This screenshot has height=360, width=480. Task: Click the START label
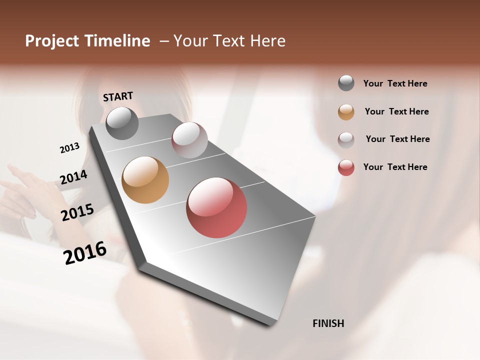point(118,96)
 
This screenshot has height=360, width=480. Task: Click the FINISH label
point(328,323)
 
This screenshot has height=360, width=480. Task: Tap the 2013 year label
point(69,147)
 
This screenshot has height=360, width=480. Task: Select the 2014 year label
point(73,177)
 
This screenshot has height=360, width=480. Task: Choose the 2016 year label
point(85,252)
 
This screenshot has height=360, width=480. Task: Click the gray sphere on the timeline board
point(122,123)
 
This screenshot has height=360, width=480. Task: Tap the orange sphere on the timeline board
point(145,180)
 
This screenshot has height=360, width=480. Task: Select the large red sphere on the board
point(216,207)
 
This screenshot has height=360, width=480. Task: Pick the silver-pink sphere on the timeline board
point(189,139)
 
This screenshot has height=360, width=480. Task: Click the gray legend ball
point(346,83)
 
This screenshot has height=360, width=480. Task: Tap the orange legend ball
point(346,111)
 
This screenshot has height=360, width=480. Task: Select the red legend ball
point(346,167)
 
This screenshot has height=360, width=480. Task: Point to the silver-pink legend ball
point(346,139)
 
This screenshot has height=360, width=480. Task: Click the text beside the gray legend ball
point(395,83)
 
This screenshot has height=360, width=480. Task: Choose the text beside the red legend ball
point(395,167)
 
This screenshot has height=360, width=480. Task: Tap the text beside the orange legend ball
point(396,111)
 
